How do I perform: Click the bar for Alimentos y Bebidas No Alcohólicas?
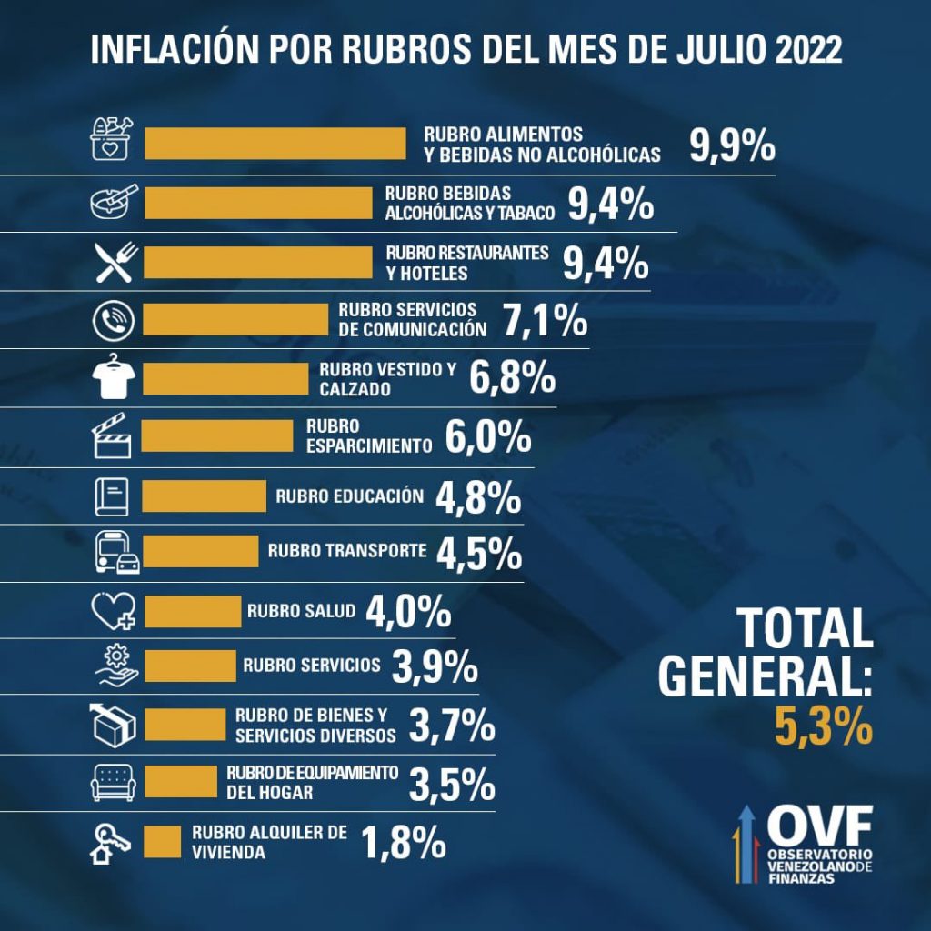point(275,144)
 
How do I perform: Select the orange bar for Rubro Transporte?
point(201,551)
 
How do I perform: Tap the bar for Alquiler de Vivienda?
point(163,841)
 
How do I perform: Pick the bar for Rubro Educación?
point(205,496)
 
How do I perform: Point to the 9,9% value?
point(731,145)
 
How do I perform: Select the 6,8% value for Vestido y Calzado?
point(513,377)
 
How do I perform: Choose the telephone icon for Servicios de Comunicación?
point(114,320)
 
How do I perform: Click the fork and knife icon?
point(115,262)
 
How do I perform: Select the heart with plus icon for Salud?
point(115,610)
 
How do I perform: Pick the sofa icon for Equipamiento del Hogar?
point(114,782)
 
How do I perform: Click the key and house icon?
point(110,842)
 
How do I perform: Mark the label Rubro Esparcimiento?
point(367,435)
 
